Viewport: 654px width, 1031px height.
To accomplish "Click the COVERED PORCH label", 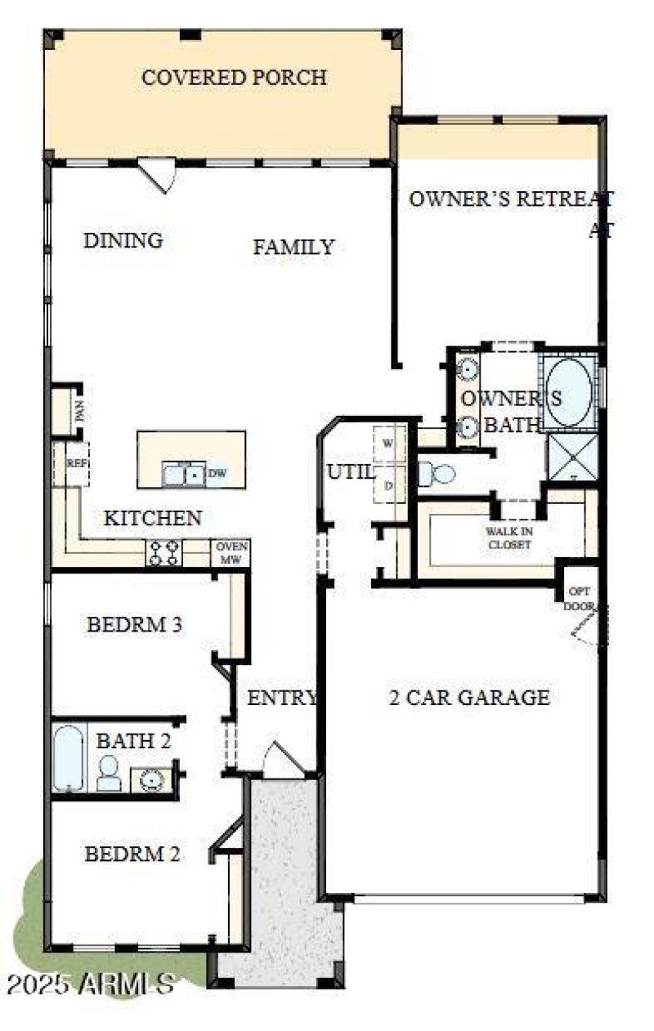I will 234,78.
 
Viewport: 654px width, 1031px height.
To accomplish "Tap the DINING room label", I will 123,240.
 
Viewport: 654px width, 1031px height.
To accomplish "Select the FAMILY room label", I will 293,247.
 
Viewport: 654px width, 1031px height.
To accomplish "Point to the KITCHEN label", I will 153,518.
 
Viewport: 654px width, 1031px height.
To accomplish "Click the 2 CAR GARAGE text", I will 468,698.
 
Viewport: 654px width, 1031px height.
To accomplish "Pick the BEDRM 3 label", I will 134,625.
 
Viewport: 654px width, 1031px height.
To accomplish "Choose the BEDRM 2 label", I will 132,855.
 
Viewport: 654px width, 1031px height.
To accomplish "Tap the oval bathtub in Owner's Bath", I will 569,392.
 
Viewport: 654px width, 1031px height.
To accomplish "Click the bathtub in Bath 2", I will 68,759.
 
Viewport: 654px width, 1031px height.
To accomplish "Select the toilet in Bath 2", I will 109,773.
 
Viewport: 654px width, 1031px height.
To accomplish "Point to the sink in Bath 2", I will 150,779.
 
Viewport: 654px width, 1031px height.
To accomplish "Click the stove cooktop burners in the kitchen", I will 163,553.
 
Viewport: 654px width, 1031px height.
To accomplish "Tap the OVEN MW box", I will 230,553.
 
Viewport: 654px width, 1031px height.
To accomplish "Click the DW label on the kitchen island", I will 216,473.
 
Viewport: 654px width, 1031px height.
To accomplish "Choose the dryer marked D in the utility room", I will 388,484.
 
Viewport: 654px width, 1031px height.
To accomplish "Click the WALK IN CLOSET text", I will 509,538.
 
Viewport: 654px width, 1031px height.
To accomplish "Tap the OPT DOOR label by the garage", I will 578,599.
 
